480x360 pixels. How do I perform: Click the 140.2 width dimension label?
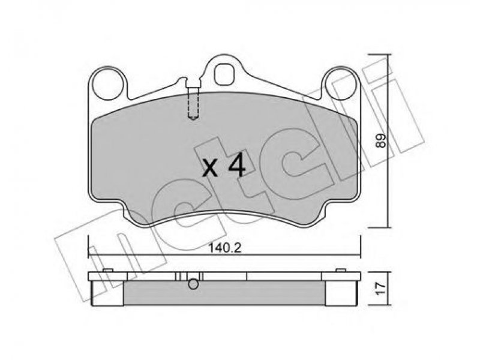pos(225,248)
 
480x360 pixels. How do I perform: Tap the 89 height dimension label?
pos(380,141)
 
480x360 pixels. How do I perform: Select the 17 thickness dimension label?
pos(380,289)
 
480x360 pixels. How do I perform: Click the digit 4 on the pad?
pos(237,166)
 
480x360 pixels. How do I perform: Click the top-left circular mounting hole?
pos(109,83)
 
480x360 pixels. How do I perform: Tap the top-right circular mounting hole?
pos(340,84)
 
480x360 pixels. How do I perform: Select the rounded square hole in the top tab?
pos(224,74)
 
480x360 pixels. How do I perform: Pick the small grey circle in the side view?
pos(193,284)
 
